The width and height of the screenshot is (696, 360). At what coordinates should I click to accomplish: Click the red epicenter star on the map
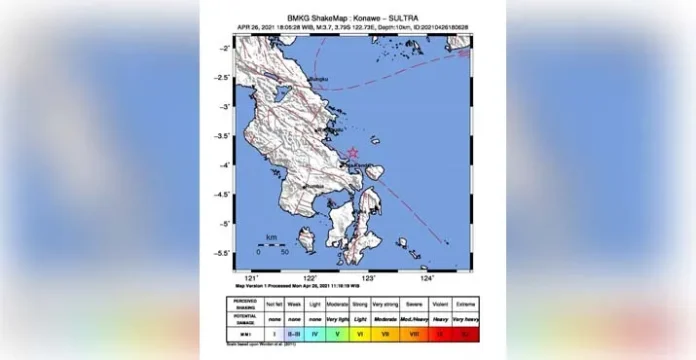pyautogui.click(x=352, y=153)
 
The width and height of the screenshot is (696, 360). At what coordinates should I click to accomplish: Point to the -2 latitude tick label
pyautogui.click(x=229, y=47)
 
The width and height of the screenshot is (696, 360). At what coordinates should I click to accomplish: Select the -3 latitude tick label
pyautogui.click(x=229, y=106)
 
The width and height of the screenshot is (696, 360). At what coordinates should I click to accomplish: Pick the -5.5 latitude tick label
pyautogui.click(x=227, y=253)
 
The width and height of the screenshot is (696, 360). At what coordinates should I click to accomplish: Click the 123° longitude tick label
pyautogui.click(x=368, y=279)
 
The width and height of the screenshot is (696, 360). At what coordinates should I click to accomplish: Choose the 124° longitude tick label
pyautogui.click(x=427, y=279)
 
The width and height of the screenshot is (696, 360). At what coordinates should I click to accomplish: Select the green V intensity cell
pyautogui.click(x=337, y=332)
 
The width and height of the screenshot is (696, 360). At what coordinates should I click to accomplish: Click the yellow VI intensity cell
pyautogui.click(x=360, y=332)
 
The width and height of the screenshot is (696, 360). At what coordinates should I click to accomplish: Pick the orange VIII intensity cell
pyautogui.click(x=414, y=332)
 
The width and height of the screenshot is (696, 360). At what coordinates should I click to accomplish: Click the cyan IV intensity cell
pyautogui.click(x=315, y=332)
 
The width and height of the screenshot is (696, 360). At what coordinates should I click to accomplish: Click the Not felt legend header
pyautogui.click(x=275, y=305)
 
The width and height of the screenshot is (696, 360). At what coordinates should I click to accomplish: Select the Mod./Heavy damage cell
pyautogui.click(x=414, y=319)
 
